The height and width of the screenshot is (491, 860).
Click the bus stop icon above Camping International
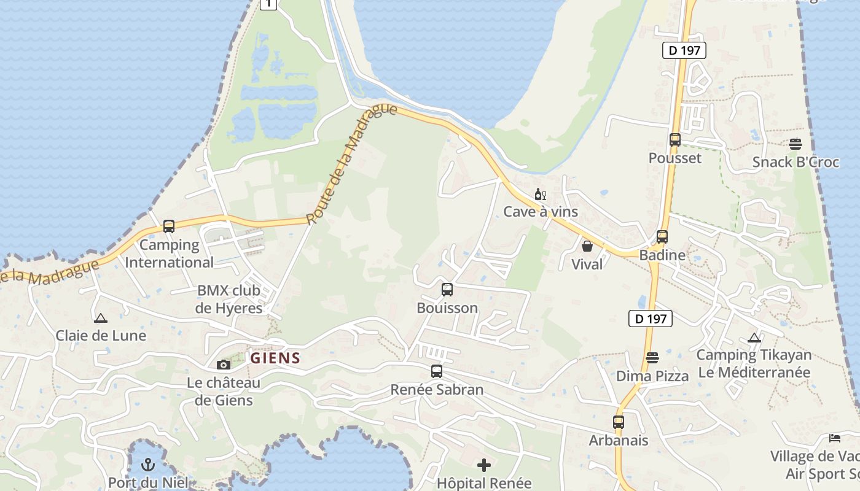click(169, 226)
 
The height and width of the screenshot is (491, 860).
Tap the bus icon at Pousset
click(675, 140)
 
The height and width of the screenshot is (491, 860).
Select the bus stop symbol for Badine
click(662, 237)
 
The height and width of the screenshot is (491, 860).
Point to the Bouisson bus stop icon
click(447, 290)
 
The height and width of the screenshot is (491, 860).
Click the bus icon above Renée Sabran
click(437, 371)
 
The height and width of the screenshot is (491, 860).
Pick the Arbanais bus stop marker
click(619, 422)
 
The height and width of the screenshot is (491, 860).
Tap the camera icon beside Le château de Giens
click(224, 365)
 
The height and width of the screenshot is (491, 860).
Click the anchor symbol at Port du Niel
click(147, 465)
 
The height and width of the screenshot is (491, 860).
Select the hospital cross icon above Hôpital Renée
click(484, 465)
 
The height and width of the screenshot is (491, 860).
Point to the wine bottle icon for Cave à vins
click(541, 195)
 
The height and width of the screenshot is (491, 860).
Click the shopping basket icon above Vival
click(587, 246)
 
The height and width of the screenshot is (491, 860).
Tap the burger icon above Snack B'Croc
click(795, 144)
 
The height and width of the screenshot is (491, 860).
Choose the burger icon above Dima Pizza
click(652, 358)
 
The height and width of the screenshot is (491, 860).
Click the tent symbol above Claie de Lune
click(100, 318)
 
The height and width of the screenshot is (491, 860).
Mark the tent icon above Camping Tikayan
click(754, 338)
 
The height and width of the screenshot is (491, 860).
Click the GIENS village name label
click(275, 358)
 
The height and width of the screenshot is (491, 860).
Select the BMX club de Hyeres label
click(229, 299)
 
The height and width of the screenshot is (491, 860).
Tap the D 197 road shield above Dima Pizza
click(651, 319)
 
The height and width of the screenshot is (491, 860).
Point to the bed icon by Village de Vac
click(835, 438)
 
